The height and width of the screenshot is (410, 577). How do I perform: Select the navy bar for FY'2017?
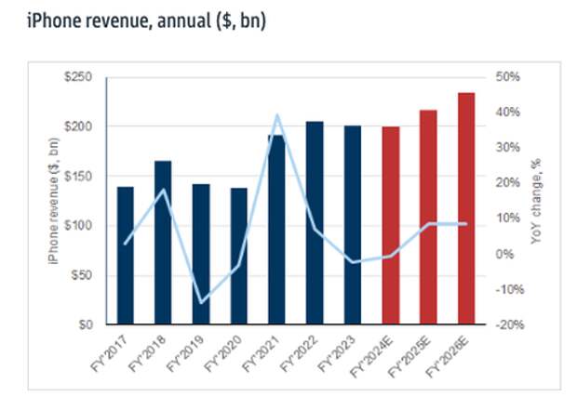pyautogui.click(x=126, y=256)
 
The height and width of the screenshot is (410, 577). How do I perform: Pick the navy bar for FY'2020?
pyautogui.click(x=238, y=256)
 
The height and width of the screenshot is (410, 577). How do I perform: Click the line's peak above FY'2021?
pyautogui.click(x=276, y=115)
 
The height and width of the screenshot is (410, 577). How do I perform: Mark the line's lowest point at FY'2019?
pyautogui.click(x=201, y=302)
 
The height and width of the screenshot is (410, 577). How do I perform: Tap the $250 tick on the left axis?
pyautogui.click(x=78, y=77)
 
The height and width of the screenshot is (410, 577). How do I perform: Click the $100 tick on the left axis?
pyautogui.click(x=78, y=226)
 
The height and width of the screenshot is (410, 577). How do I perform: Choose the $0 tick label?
pyautogui.click(x=84, y=325)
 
